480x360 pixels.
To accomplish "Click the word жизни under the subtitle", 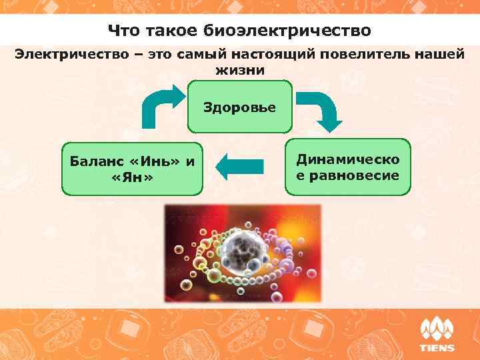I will tap(240, 69).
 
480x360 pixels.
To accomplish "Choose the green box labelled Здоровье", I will tap(240, 107).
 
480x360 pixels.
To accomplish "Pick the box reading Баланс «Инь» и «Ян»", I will tap(132, 169).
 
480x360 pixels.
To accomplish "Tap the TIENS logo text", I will tap(437, 347).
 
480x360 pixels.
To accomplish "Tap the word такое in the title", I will tap(167, 31).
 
